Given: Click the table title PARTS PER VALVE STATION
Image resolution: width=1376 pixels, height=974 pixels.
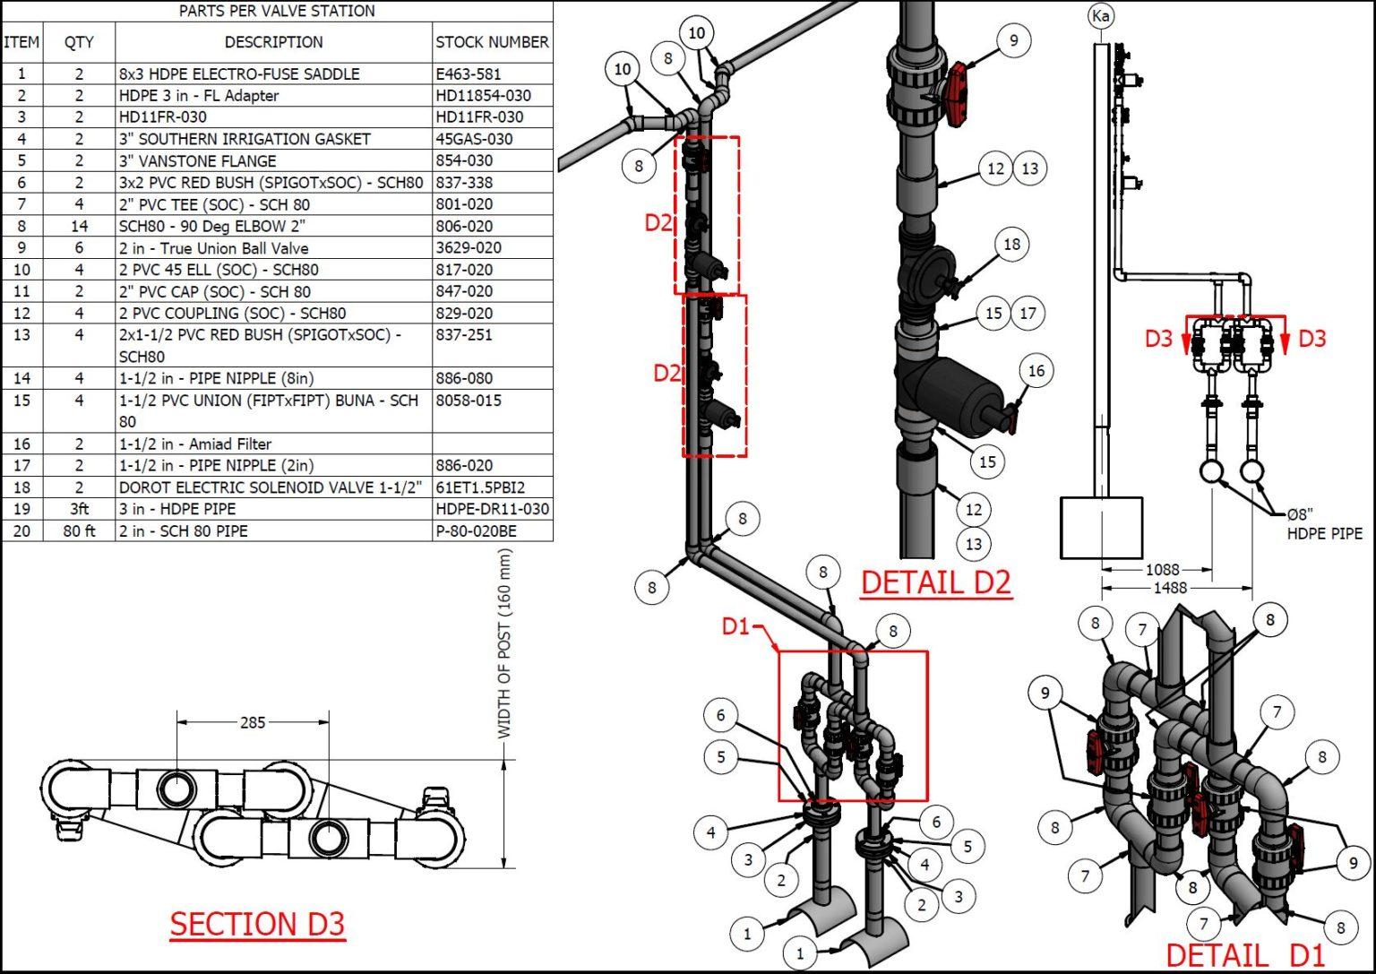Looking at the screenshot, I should click(277, 12).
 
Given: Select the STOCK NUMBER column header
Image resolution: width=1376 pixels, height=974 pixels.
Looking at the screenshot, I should click(492, 42).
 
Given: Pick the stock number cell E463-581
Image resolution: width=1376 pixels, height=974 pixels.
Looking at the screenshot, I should click(468, 74).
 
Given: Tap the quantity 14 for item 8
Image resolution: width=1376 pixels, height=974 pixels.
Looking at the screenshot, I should click(79, 227).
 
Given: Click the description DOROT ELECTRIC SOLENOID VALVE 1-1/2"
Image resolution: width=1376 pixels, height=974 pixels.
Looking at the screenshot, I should click(270, 487).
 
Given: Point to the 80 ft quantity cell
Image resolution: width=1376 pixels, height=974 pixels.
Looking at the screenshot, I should click(79, 531).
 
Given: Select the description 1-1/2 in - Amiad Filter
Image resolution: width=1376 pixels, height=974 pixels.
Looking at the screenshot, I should click(194, 444).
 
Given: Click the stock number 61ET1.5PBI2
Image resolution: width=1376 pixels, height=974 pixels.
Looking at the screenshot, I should click(480, 487).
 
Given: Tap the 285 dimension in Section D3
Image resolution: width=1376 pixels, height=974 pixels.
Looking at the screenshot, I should click(253, 722).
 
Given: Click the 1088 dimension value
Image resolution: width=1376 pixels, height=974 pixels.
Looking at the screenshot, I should click(1162, 570).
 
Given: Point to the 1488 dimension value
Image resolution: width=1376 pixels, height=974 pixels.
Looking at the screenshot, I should click(1170, 588).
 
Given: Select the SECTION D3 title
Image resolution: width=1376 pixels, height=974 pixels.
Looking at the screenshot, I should click(257, 924).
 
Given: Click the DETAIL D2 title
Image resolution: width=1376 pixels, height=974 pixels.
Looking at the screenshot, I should click(935, 582).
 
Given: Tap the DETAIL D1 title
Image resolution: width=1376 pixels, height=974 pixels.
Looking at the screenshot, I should click(1244, 954).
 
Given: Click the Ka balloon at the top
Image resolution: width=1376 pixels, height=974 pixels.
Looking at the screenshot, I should click(1101, 16).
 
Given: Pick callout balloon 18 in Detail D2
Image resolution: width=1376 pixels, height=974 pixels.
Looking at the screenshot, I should click(1011, 245).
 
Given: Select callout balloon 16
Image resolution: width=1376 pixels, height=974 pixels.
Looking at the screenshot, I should click(1036, 371).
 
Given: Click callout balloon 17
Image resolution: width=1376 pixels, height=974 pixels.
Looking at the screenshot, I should click(1028, 314).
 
